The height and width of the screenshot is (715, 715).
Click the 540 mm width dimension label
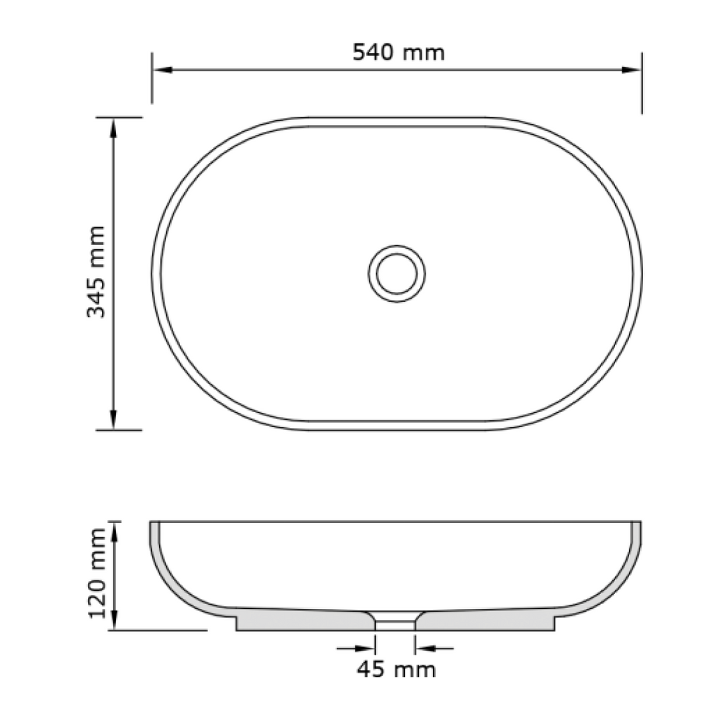point(398,52)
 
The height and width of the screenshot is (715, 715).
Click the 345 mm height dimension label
point(96,272)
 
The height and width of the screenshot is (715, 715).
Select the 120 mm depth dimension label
point(96,574)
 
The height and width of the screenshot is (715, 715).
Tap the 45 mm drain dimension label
point(396,670)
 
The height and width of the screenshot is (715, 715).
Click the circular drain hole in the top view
point(396,272)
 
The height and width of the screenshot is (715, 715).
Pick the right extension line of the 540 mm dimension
point(642,84)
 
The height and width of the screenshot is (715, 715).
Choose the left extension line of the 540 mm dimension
point(152,80)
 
